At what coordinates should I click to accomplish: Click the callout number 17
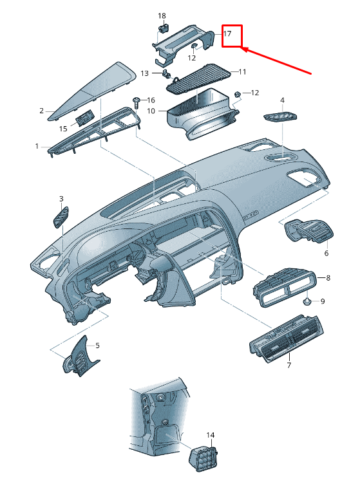227,33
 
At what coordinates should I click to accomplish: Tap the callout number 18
162,15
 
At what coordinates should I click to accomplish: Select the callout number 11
242,71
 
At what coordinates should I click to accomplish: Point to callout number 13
145,73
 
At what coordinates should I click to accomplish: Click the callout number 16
151,100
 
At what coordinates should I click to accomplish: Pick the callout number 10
151,111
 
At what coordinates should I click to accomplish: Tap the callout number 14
211,435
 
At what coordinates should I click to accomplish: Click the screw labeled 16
137,102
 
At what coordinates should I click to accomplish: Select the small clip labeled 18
164,29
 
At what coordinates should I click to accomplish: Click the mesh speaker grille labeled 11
199,79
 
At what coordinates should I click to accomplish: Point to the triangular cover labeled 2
92,91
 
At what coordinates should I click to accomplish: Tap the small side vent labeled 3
61,217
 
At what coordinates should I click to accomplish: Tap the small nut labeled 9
307,302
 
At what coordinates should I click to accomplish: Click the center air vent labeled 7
286,339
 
